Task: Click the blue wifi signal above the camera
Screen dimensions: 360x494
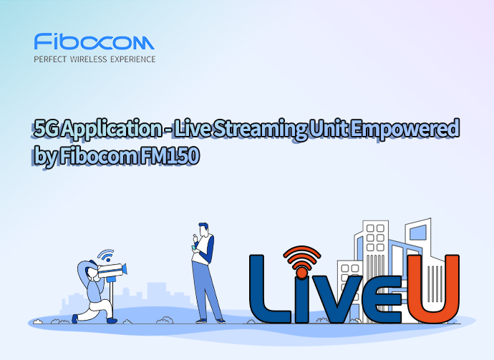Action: click(x=106, y=256)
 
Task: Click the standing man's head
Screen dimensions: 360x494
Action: click(x=203, y=230)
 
